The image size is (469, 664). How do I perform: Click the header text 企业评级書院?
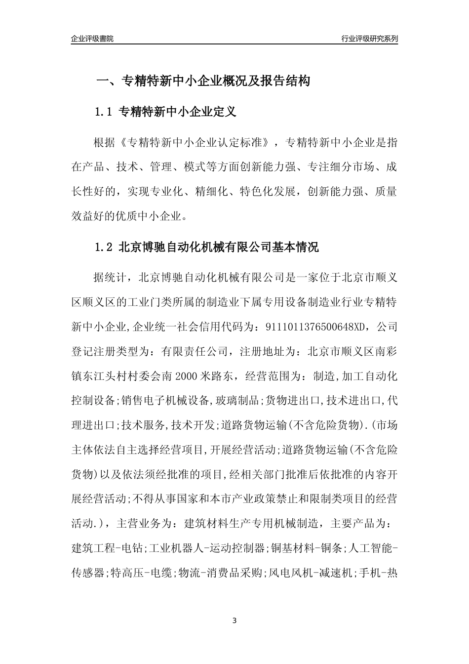(92, 39)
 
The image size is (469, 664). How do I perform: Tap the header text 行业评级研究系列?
(369, 39)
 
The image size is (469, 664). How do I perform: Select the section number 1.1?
(104, 112)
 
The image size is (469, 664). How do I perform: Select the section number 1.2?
(104, 248)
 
